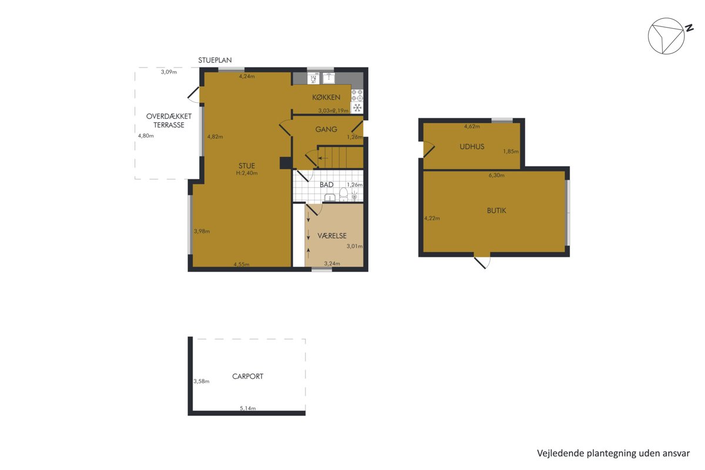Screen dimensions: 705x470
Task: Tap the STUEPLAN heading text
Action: click(x=215, y=60)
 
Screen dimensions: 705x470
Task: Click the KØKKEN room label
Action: click(x=326, y=98)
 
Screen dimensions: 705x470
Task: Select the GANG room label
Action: click(x=326, y=129)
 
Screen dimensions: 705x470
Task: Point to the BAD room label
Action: click(x=327, y=184)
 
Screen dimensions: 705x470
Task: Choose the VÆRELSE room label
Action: click(x=332, y=236)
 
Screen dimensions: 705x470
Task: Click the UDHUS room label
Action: click(x=472, y=146)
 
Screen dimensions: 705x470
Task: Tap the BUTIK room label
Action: click(x=496, y=210)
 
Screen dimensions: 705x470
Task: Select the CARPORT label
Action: click(x=248, y=376)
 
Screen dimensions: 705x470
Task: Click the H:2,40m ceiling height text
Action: click(x=247, y=173)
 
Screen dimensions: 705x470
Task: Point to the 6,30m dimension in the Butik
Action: click(x=496, y=175)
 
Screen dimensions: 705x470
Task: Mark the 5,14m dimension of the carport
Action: click(x=248, y=408)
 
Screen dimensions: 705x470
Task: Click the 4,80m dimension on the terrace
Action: click(x=146, y=136)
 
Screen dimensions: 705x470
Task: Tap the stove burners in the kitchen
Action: click(x=357, y=95)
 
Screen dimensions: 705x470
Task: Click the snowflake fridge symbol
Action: click(x=357, y=108)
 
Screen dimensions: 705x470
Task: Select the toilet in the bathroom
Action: click(x=343, y=194)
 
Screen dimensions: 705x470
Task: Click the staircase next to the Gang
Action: click(x=340, y=157)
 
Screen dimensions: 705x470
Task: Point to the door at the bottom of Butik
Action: click(x=482, y=261)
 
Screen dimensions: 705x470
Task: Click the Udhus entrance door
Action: click(x=428, y=150)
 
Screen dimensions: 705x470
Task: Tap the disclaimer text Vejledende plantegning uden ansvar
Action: click(x=613, y=454)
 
